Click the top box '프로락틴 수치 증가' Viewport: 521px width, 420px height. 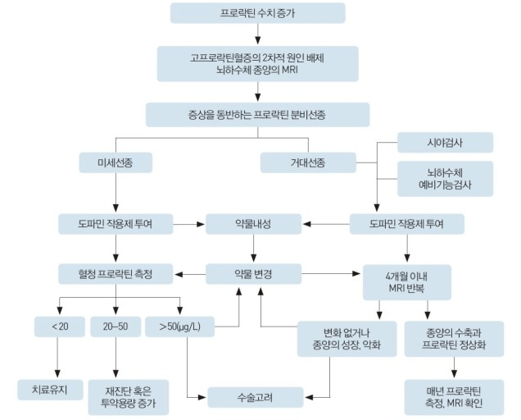(x=258, y=14)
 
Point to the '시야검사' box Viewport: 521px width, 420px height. (x=446, y=143)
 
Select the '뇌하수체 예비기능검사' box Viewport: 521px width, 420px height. (x=446, y=179)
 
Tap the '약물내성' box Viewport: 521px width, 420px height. (x=251, y=223)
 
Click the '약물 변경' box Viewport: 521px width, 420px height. (x=251, y=273)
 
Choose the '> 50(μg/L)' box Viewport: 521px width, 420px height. (x=178, y=326)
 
